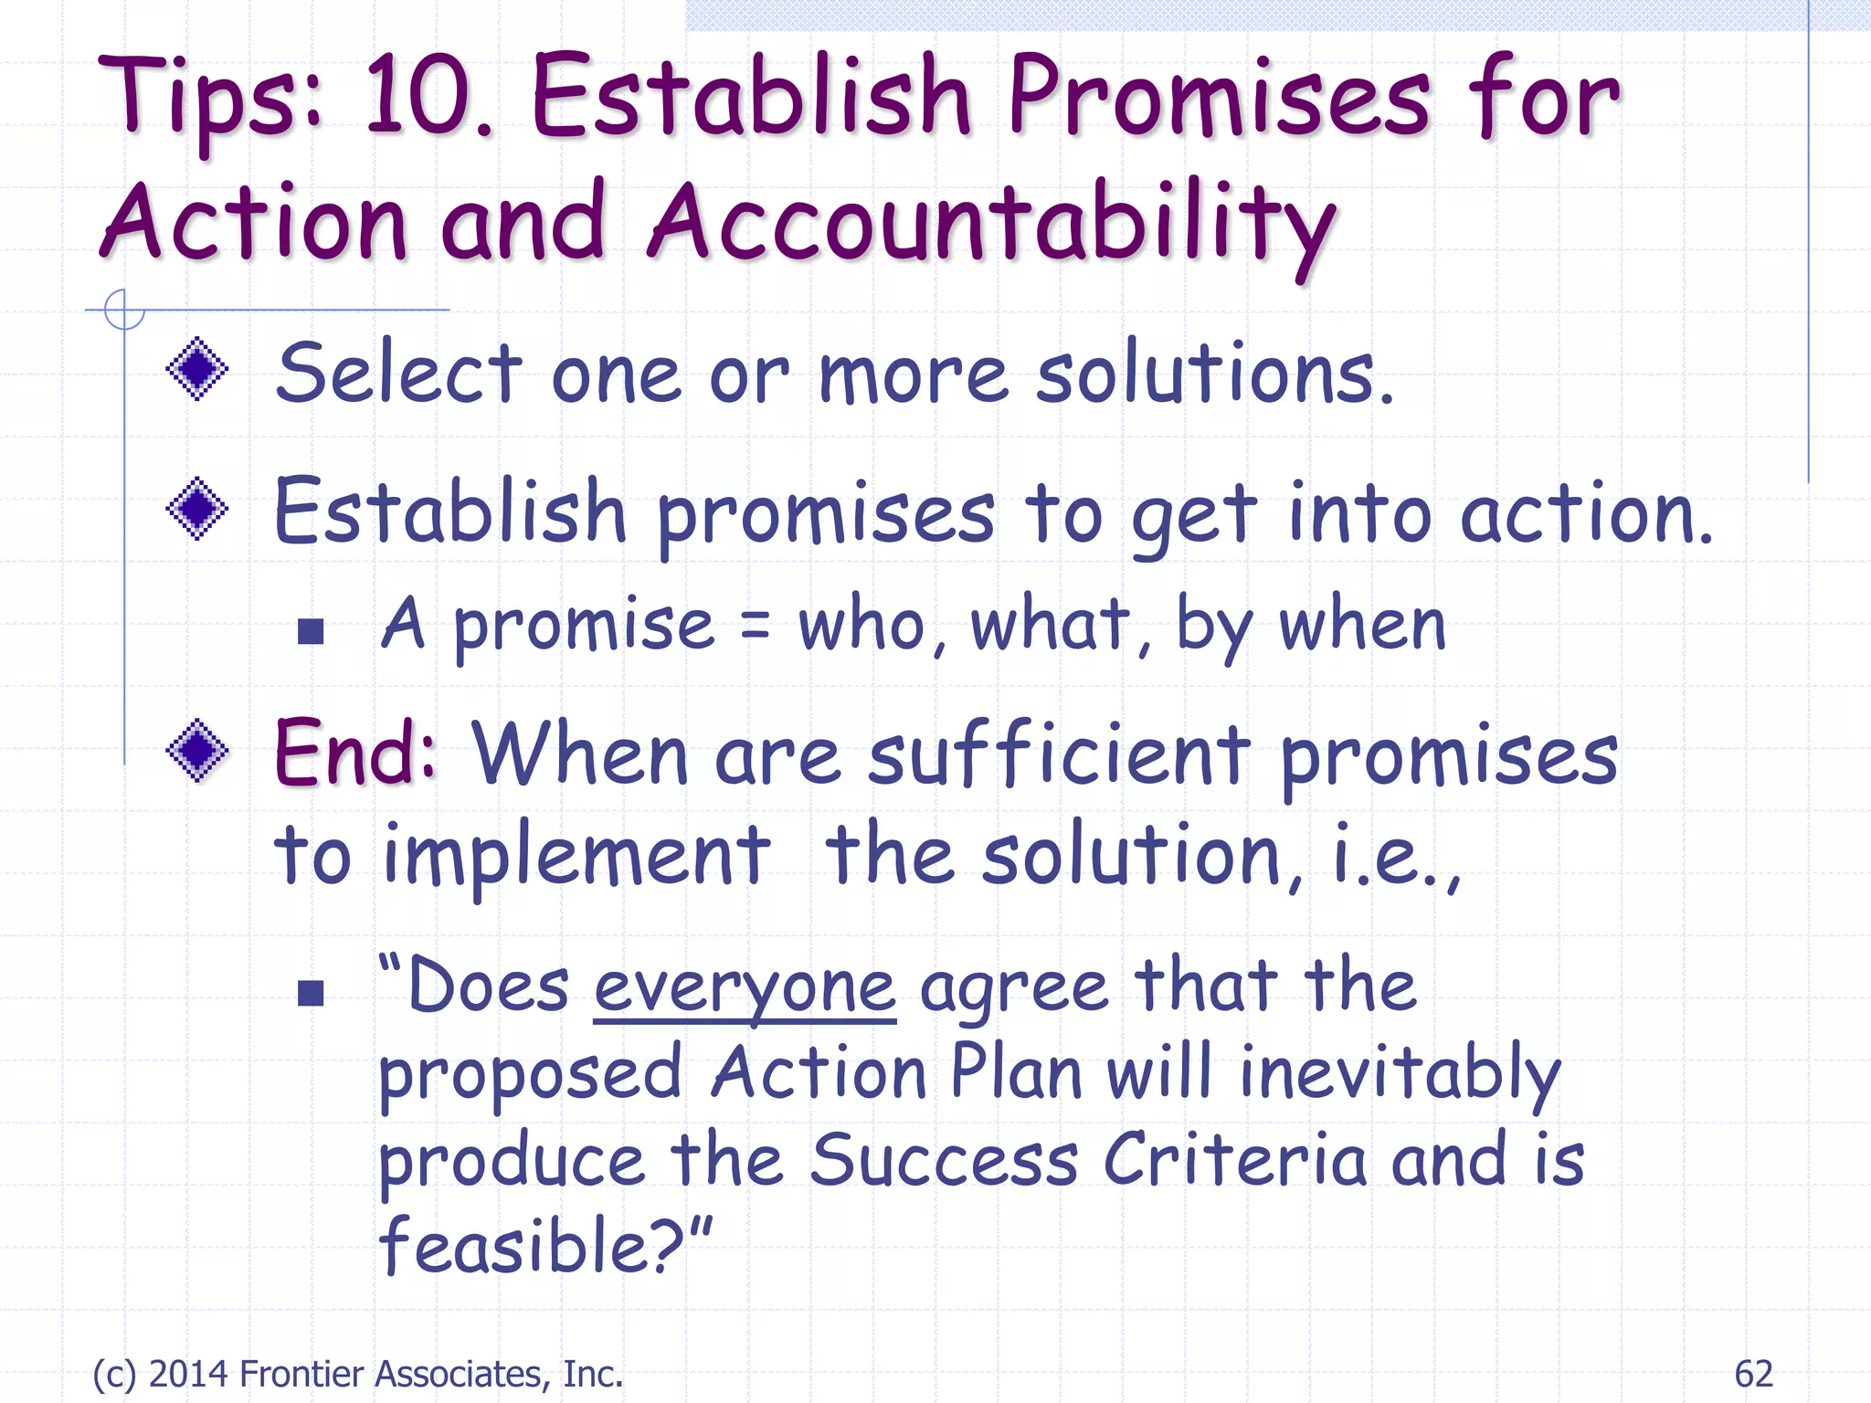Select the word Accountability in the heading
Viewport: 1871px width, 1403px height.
(x=991, y=224)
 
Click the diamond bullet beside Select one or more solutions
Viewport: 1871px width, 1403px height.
(x=197, y=369)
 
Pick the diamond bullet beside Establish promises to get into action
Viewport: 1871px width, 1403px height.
(x=197, y=509)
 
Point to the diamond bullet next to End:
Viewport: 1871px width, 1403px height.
(x=197, y=751)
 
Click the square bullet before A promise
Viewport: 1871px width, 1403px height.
(x=312, y=631)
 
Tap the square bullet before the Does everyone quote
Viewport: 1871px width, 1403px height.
(x=312, y=992)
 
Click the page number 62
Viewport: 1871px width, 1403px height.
(x=1753, y=1374)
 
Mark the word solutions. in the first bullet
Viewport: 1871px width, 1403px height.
(x=1215, y=374)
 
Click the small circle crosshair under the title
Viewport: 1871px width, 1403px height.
(x=124, y=310)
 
